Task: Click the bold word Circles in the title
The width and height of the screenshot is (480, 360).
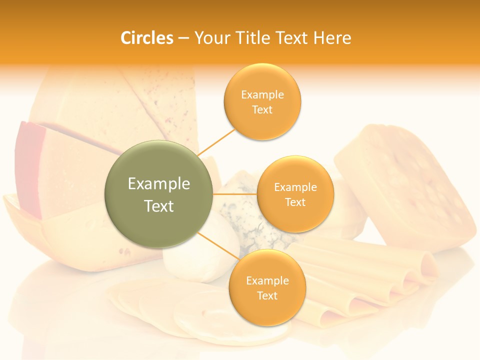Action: click(x=146, y=38)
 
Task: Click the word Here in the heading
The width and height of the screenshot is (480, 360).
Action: click(x=332, y=38)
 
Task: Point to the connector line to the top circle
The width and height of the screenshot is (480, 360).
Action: click(x=216, y=141)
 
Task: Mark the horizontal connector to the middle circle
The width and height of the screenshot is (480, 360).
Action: click(x=235, y=193)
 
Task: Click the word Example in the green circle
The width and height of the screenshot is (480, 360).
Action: click(x=159, y=184)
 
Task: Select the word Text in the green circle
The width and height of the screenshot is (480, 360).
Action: click(x=159, y=206)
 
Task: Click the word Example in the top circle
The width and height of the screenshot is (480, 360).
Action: click(x=262, y=95)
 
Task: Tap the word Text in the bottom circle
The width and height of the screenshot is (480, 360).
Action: click(x=267, y=296)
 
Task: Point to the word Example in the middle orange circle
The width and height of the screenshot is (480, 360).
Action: click(x=295, y=187)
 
